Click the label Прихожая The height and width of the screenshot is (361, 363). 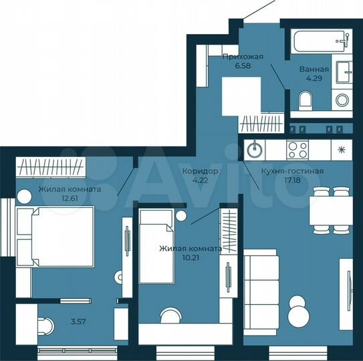[239, 58]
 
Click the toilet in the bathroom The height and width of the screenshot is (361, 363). [306, 101]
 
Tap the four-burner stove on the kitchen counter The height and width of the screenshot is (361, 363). [297, 148]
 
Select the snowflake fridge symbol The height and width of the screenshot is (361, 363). [342, 148]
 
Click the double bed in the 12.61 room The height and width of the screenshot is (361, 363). [54, 237]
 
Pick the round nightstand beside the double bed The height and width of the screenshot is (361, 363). [23, 197]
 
